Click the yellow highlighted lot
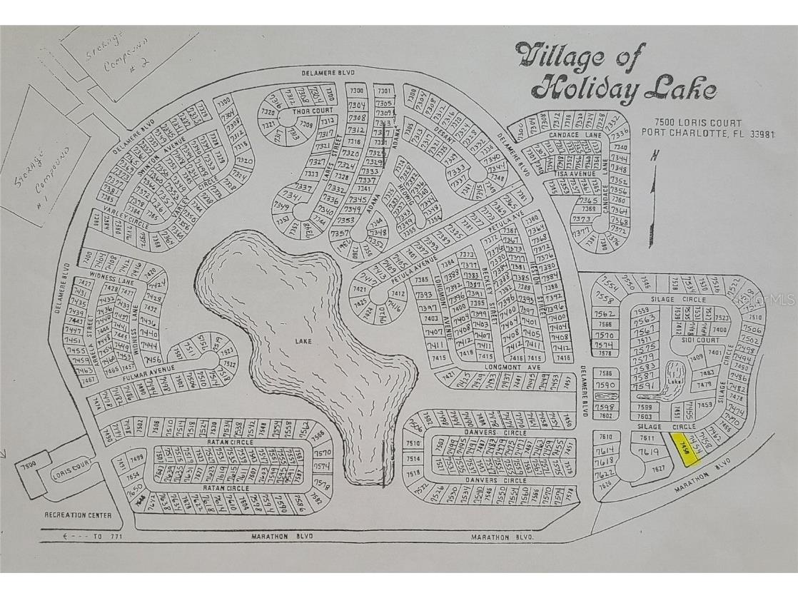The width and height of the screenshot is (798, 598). (688, 450)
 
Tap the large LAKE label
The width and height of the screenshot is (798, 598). (304, 342)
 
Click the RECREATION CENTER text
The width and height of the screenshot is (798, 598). (78, 515)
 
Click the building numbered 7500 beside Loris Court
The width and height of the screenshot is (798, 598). (28, 465)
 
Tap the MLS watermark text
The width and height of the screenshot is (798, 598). (775, 300)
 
